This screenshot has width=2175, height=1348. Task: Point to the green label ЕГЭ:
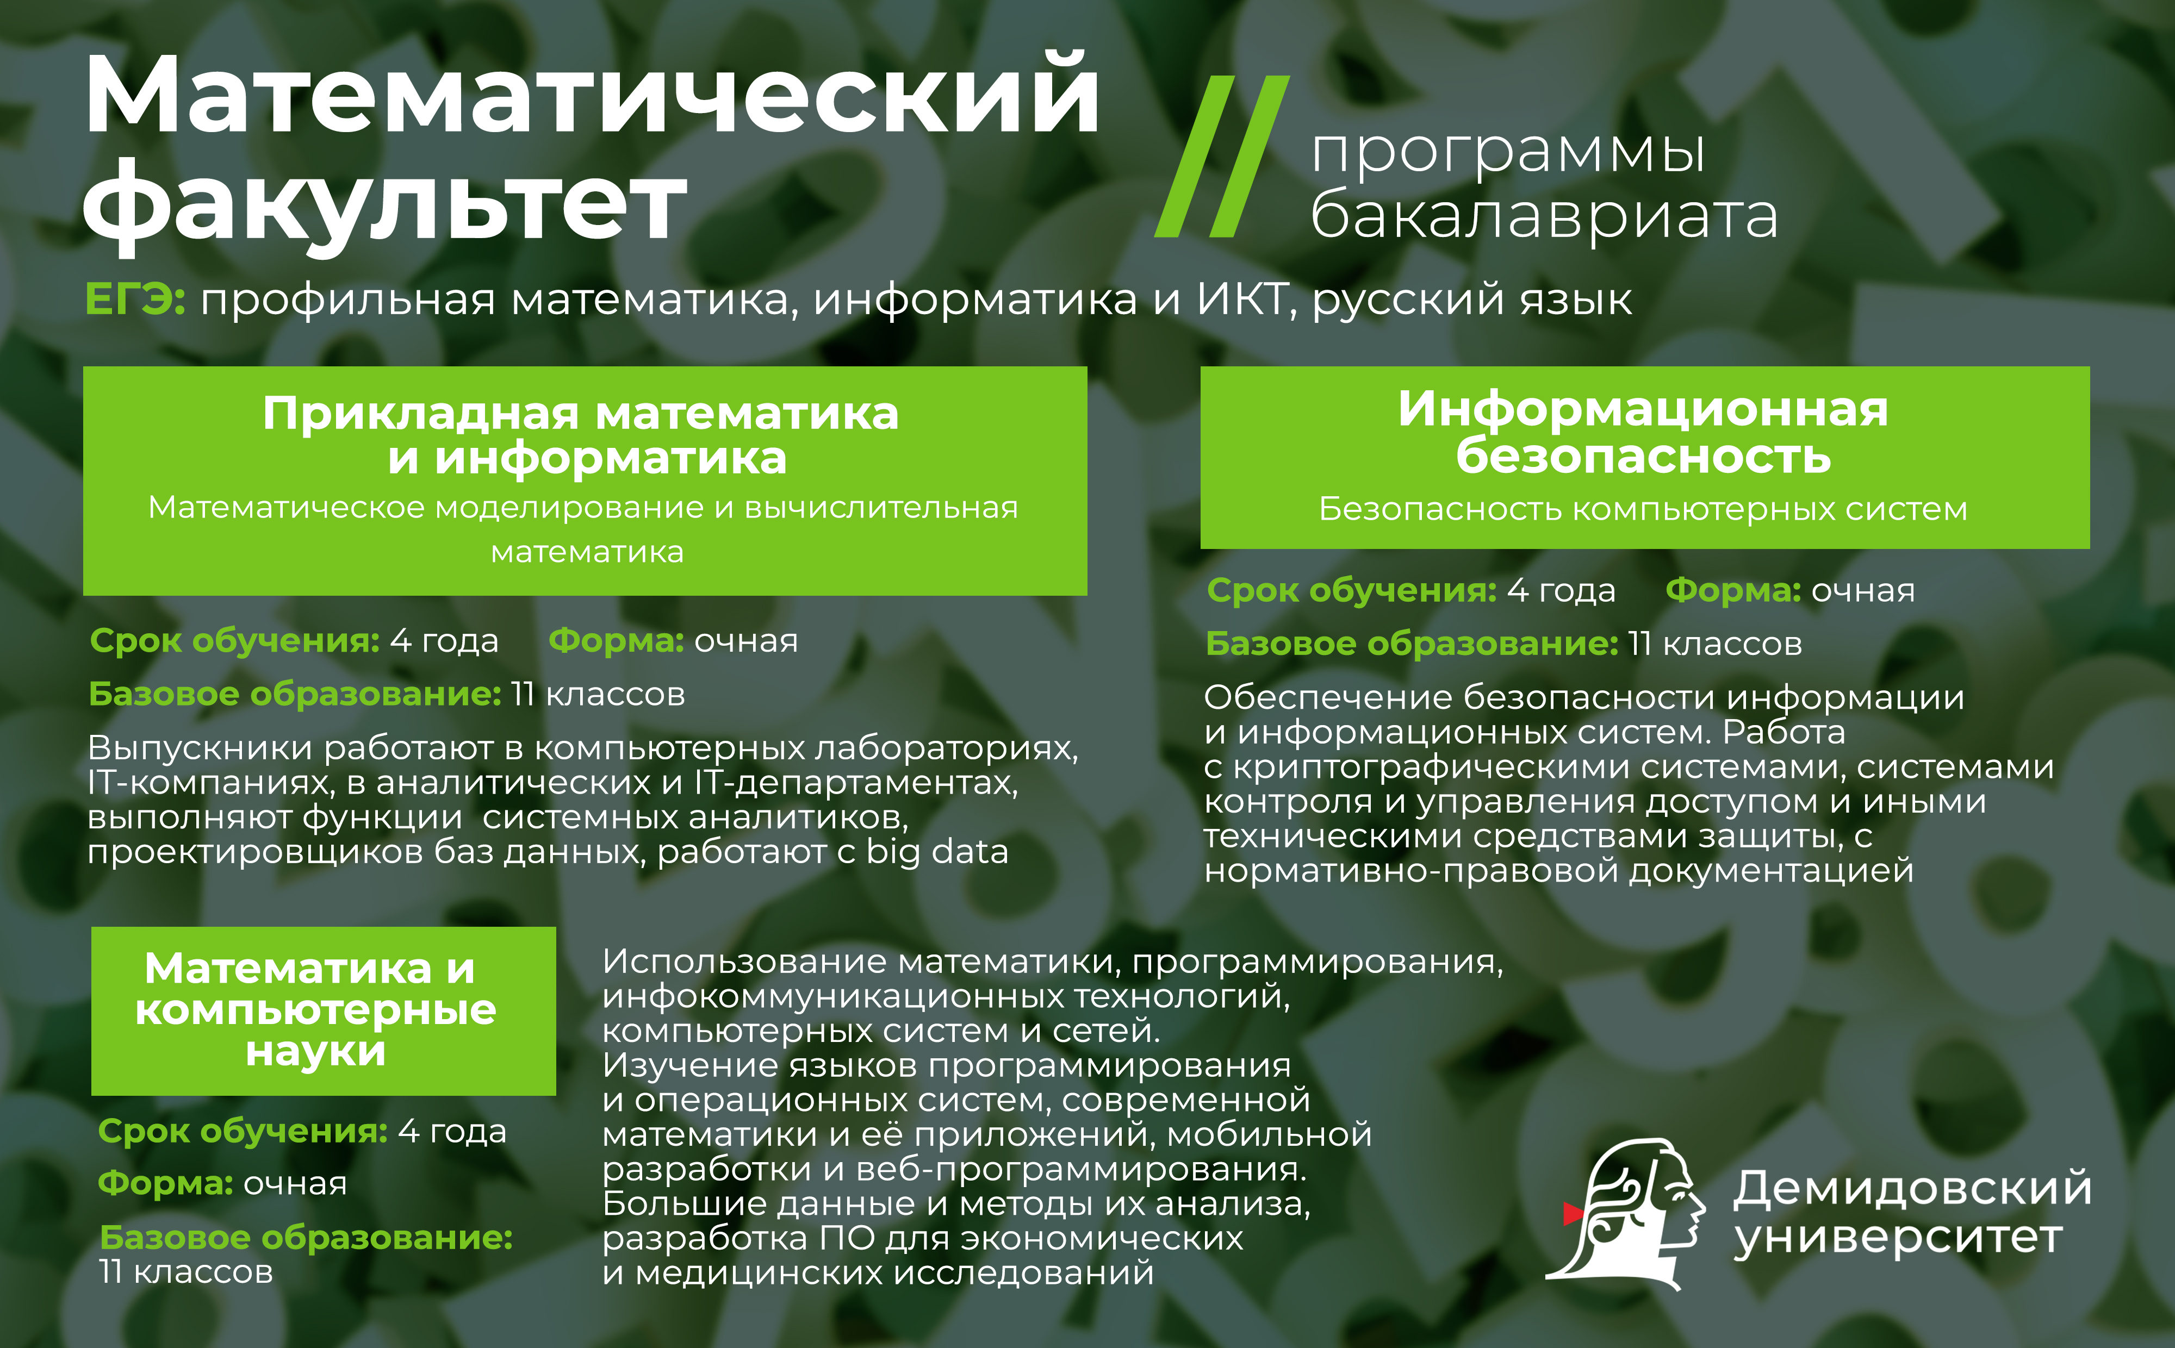click(x=135, y=298)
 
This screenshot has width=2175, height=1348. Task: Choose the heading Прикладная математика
click(x=581, y=414)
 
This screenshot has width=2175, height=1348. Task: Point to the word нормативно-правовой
click(x=1411, y=870)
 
